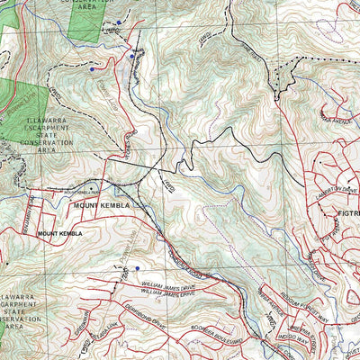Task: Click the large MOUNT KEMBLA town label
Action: click(101, 205)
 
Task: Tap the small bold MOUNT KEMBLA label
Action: click(59, 233)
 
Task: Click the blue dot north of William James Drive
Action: click(138, 268)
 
